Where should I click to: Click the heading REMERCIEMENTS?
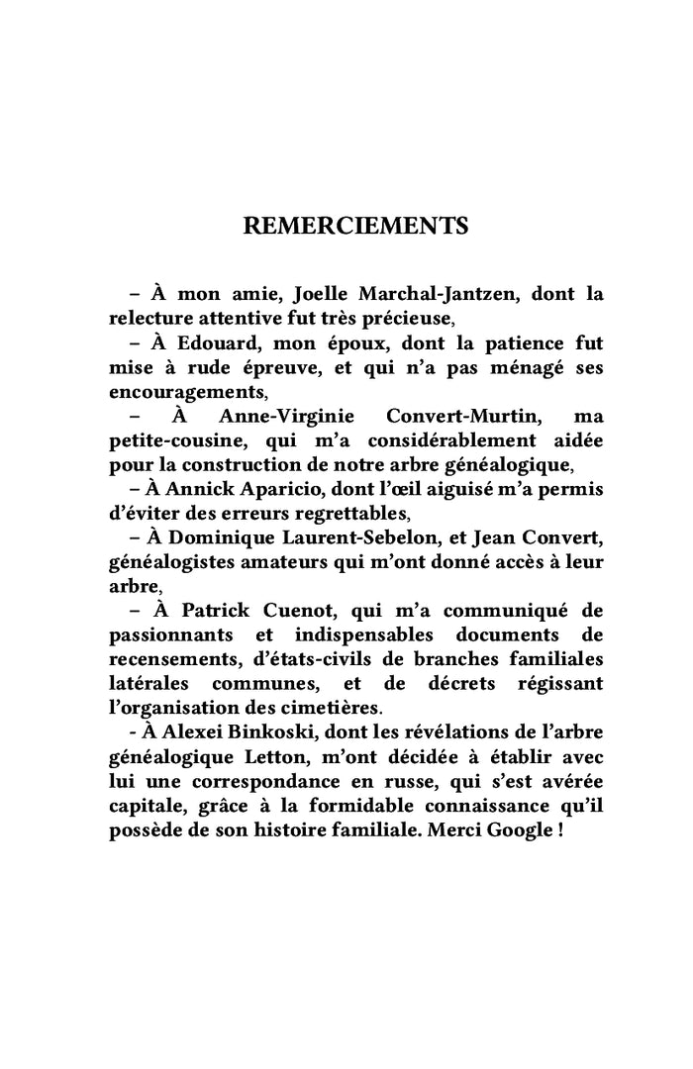(x=355, y=226)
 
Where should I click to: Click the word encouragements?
(x=187, y=390)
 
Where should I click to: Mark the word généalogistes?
(x=171, y=560)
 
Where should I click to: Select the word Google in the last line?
(x=518, y=827)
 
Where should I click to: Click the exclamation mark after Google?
(x=560, y=827)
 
